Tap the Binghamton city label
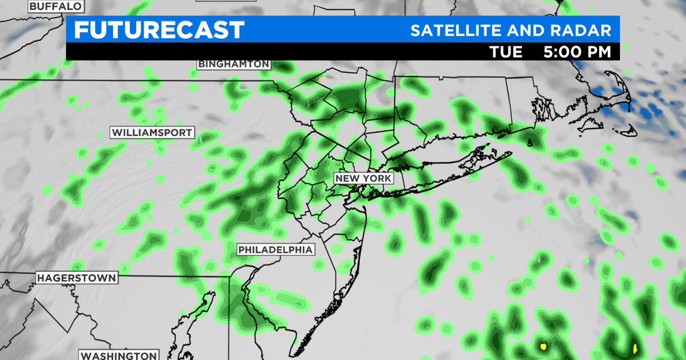[x=234, y=64]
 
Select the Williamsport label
[x=152, y=133]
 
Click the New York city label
[x=364, y=178]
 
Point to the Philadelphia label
[x=276, y=250]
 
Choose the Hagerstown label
[x=77, y=278]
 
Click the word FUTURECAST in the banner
[x=159, y=30]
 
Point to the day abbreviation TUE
[x=506, y=52]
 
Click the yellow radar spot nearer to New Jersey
[x=543, y=346]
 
